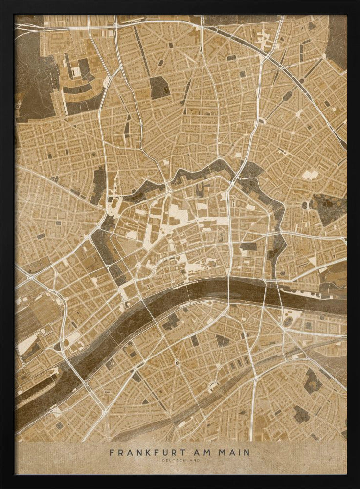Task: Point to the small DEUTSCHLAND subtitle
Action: tap(180, 460)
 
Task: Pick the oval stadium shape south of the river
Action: tap(292, 321)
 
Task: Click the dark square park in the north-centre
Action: tap(158, 88)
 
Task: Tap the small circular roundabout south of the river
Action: tap(177, 362)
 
